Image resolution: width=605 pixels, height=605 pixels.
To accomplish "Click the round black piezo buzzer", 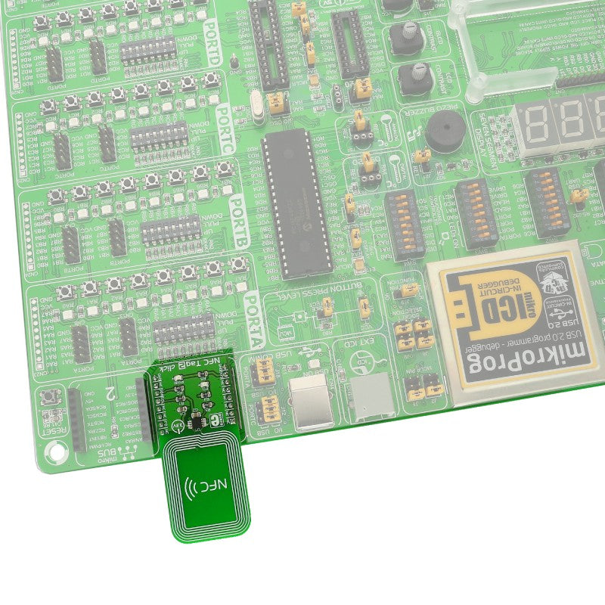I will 440,133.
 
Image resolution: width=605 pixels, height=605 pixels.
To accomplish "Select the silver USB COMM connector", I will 307,399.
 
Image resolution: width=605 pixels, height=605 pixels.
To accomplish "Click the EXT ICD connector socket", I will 373,399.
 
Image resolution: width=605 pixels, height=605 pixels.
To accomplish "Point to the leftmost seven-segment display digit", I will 534,125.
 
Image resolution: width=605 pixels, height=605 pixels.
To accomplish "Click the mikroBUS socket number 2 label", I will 111,393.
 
